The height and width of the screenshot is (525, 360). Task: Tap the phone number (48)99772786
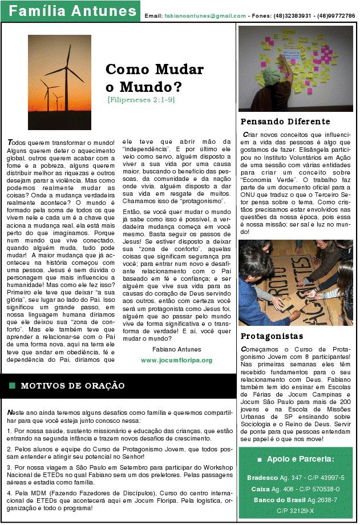pyautogui.click(x=335, y=16)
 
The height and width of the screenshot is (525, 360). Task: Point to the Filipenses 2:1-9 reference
pyautogui.click(x=141, y=100)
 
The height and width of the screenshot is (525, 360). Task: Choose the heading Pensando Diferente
pyautogui.click(x=285, y=122)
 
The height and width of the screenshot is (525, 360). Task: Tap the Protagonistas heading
pyautogui.click(x=272, y=336)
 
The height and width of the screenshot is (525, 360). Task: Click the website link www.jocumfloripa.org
pyautogui.click(x=176, y=360)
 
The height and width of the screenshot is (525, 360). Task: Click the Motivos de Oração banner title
pyautogui.click(x=72, y=386)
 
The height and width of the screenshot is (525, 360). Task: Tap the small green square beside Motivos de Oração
pyautogui.click(x=12, y=386)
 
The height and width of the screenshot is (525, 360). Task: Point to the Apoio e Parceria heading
pyautogui.click(x=300, y=459)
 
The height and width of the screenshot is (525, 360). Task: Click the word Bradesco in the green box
pyautogui.click(x=261, y=477)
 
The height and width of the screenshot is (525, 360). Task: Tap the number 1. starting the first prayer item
pyautogui.click(x=9, y=431)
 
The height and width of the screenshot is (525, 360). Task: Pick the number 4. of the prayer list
pyautogui.click(x=9, y=491)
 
